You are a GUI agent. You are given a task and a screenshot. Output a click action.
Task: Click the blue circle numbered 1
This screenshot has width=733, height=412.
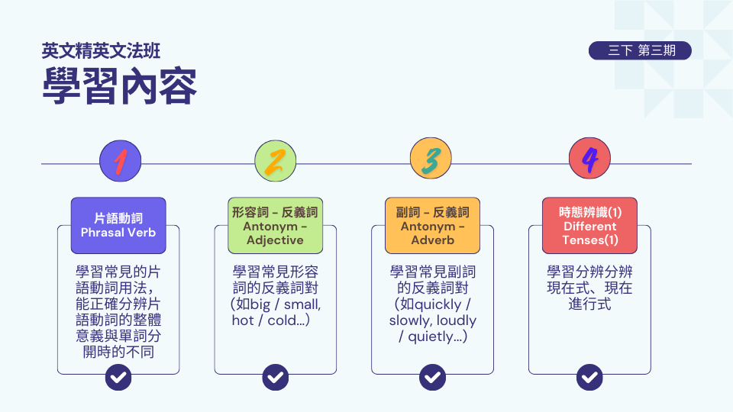tap(121, 161)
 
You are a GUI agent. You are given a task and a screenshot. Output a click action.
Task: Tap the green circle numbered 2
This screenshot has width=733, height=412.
tap(276, 161)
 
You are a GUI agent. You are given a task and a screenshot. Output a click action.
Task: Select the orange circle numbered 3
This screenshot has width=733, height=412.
tap(431, 161)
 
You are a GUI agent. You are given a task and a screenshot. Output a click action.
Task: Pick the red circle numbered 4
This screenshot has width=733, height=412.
tap(589, 161)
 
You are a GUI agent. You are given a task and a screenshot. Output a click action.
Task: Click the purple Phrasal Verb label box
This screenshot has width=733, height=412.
tap(118, 225)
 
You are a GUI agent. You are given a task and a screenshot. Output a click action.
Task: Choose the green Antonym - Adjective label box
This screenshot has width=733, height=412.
tap(275, 225)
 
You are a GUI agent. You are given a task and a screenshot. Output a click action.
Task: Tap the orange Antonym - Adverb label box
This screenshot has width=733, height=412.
tap(432, 225)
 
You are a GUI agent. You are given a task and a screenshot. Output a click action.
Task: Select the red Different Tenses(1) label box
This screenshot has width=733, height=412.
tap(589, 225)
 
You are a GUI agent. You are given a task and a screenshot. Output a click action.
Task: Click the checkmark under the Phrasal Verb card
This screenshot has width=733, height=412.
tap(118, 376)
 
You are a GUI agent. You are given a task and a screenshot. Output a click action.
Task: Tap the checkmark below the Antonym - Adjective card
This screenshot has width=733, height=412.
tap(275, 376)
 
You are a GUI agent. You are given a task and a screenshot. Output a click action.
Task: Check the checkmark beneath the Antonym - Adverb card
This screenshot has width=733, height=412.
tap(432, 376)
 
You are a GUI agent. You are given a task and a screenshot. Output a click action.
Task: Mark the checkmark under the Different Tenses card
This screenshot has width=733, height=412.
tap(589, 376)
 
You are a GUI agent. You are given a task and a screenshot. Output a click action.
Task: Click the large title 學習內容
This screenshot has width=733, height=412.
tap(120, 86)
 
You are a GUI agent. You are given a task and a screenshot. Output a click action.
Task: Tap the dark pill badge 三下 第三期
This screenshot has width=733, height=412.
tap(640, 50)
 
